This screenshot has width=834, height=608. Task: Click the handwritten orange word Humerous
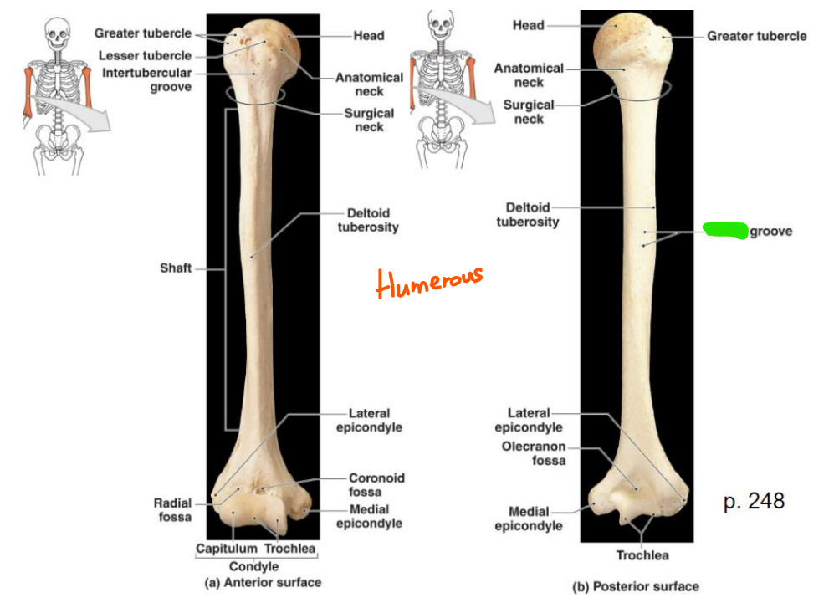[x=429, y=283]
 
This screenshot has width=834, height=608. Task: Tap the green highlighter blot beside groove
[x=725, y=230]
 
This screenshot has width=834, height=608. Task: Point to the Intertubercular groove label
[x=148, y=79]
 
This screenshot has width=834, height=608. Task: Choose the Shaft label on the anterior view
[x=176, y=268]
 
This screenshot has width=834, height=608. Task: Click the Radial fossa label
[x=172, y=510]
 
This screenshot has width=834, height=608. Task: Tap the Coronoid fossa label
[x=376, y=485]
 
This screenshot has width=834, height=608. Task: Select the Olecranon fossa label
[x=533, y=453]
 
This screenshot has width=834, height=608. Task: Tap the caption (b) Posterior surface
[x=636, y=586]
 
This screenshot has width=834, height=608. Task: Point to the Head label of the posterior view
[x=528, y=25]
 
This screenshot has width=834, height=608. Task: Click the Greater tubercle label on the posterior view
[x=756, y=36]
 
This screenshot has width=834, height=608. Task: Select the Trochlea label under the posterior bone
[x=642, y=555]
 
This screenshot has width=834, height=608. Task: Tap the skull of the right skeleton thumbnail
[x=441, y=22]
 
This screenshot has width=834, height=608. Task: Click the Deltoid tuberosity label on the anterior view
[x=368, y=220]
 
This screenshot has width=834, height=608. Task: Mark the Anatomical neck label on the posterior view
[x=529, y=75]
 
